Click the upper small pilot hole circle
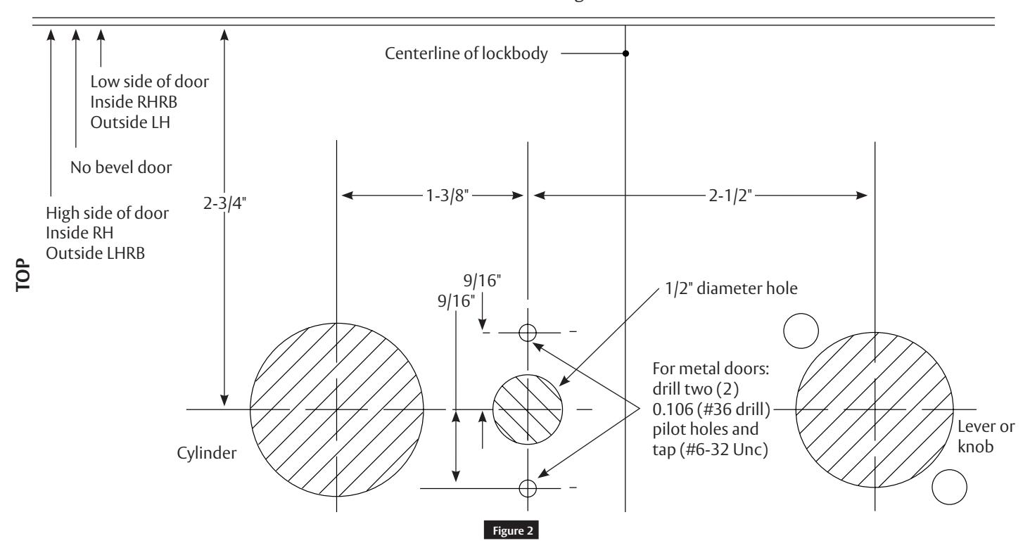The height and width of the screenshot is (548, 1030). [x=528, y=332]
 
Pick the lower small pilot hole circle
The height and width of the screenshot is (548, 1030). [x=528, y=487]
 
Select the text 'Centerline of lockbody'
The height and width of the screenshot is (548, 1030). [x=466, y=53]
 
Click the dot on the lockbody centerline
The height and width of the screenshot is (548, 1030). [x=625, y=53]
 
